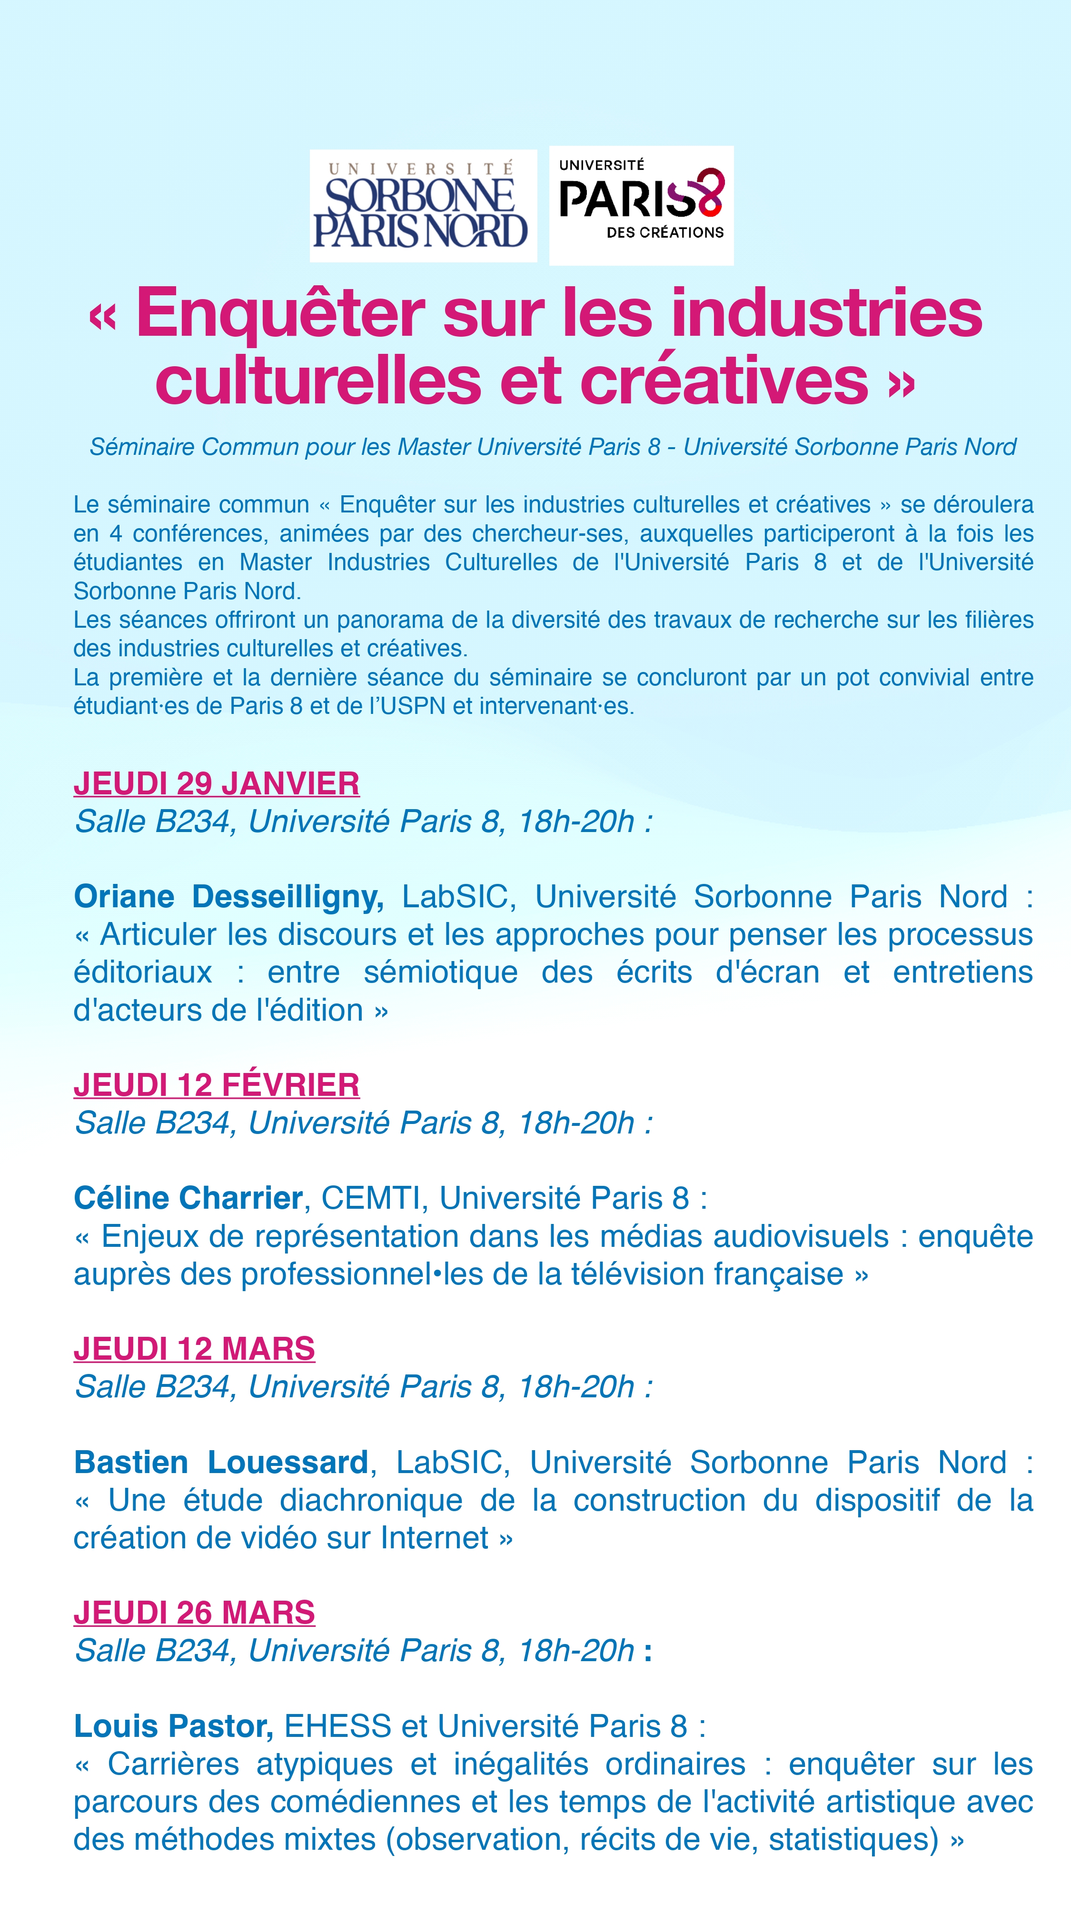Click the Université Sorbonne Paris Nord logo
coord(423,206)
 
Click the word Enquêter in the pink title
coord(280,313)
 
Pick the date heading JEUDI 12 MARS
coord(194,1349)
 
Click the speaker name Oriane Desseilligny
coord(228,896)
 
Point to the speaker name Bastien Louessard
coord(221,1462)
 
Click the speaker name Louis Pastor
coord(173,1726)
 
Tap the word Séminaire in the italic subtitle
coord(142,447)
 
